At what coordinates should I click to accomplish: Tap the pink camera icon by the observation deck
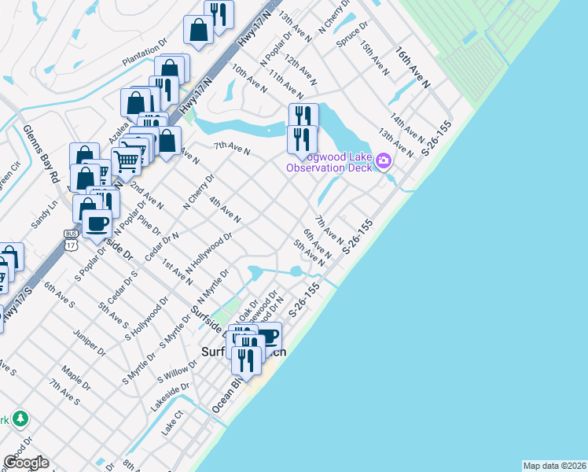pos(384,161)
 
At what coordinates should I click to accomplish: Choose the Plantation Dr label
pos(145,50)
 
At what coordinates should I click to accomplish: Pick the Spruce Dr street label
pos(351,35)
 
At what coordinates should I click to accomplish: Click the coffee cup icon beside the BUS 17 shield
pos(97,223)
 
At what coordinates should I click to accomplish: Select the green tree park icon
pos(20,419)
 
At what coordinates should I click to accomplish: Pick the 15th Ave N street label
pos(376,59)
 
